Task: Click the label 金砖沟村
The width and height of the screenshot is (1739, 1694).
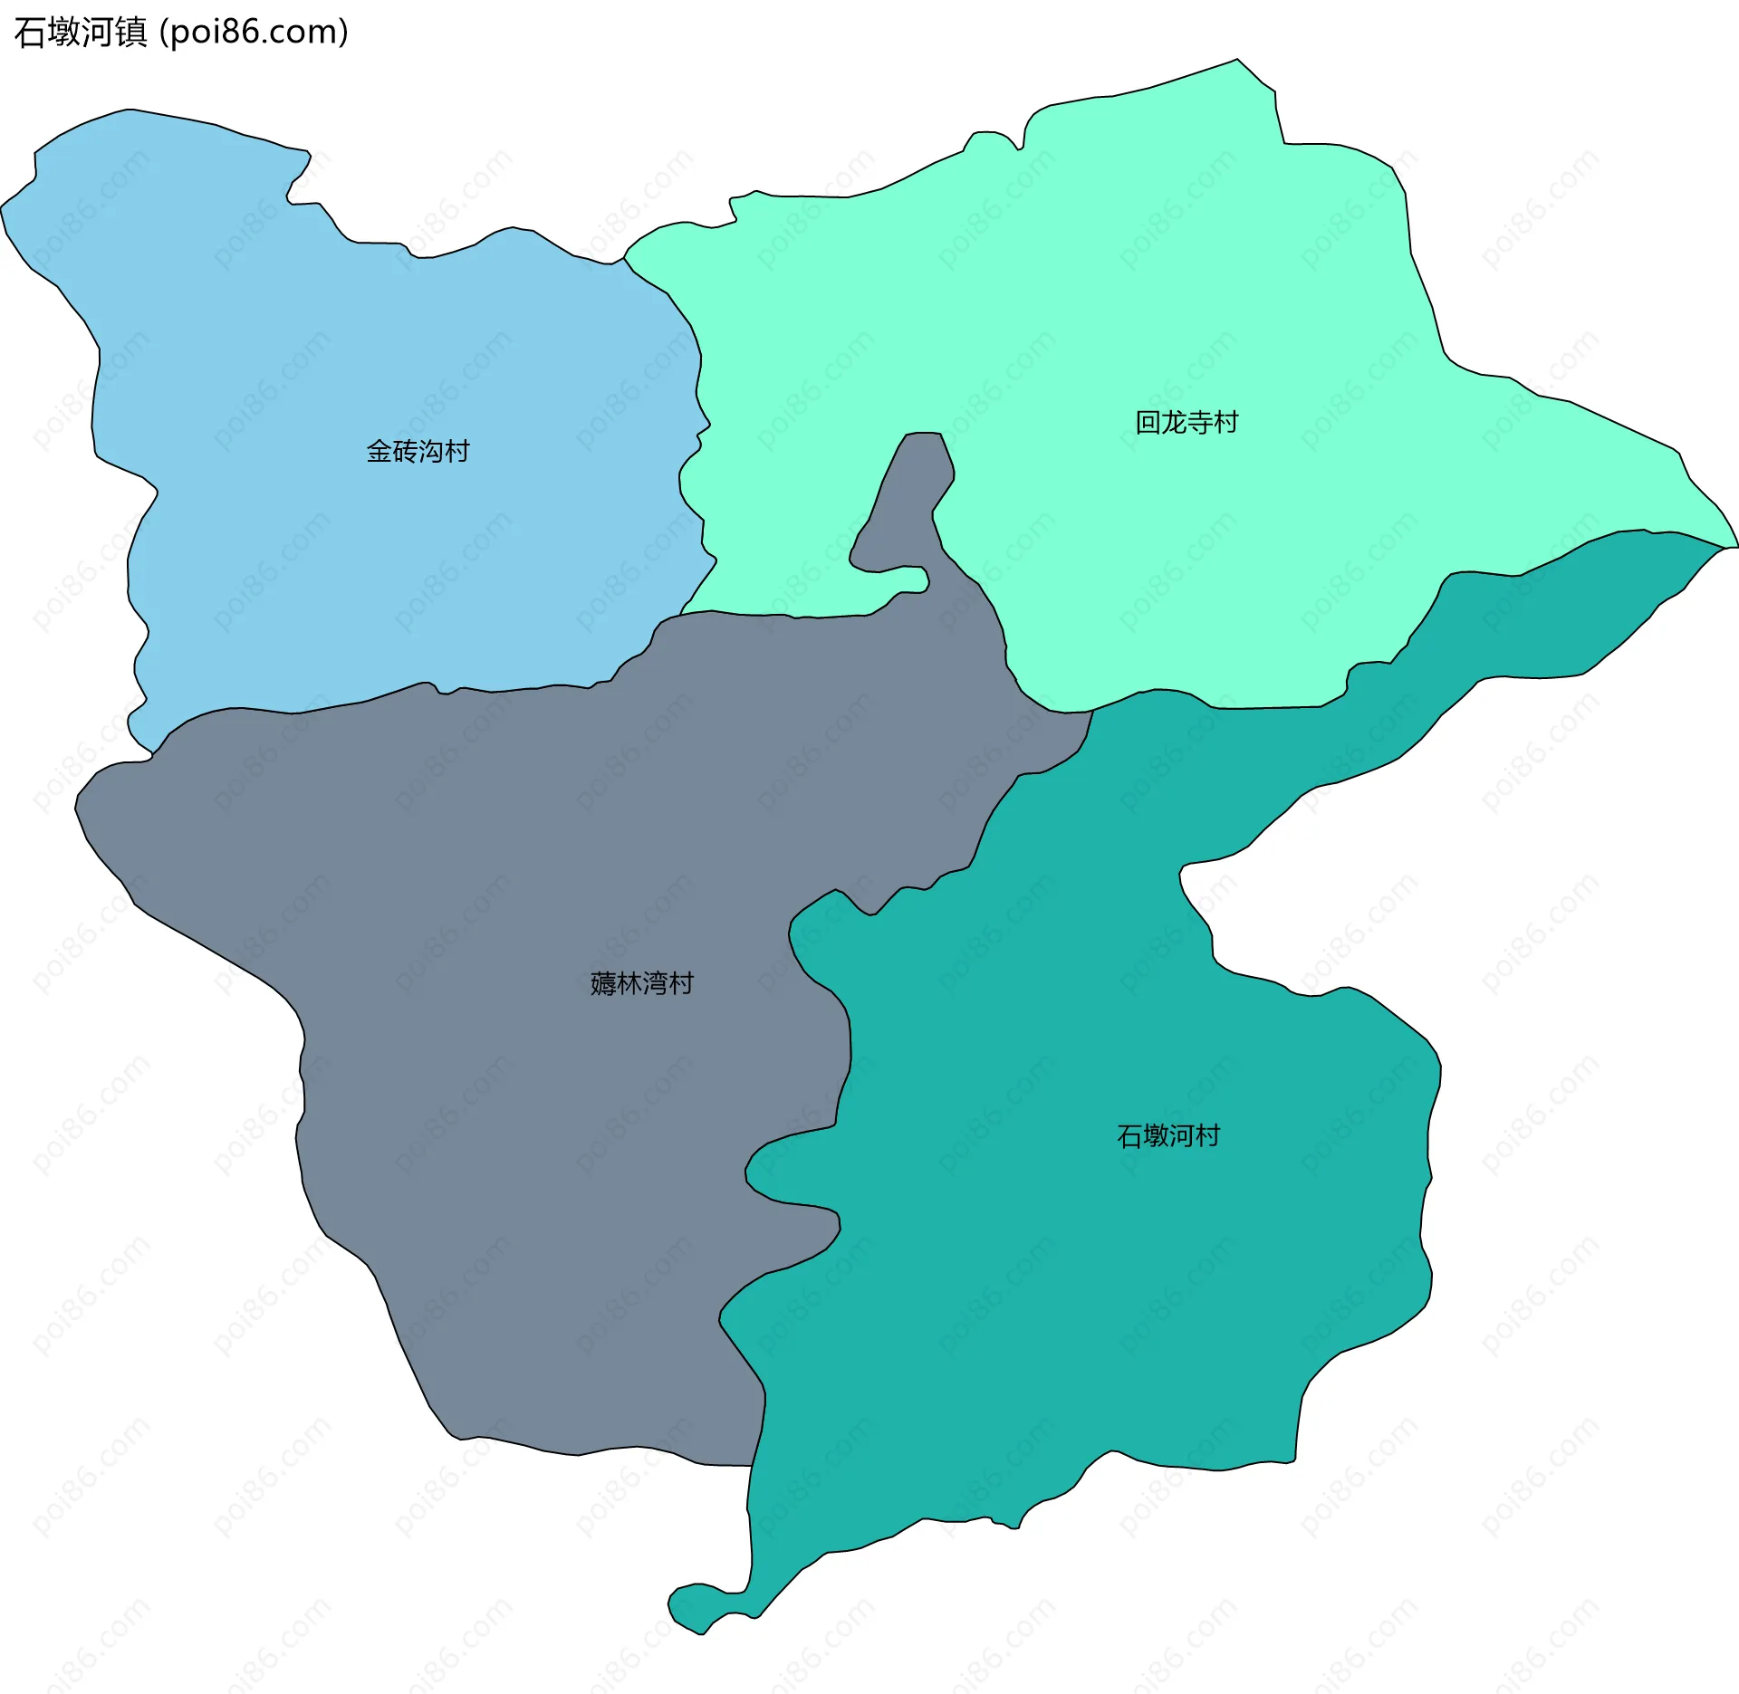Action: pos(418,451)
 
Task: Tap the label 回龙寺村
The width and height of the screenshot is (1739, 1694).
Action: pos(1187,422)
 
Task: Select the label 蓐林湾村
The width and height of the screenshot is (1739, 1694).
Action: pos(641,983)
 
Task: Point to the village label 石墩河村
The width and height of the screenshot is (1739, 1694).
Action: pos(1168,1135)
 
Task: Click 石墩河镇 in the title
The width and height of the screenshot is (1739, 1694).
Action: pos(81,33)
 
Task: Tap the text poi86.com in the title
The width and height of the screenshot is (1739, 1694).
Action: pos(254,33)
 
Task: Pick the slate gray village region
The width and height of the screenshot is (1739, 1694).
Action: pos(543,1132)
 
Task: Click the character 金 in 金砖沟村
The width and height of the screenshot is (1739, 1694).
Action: pos(379,451)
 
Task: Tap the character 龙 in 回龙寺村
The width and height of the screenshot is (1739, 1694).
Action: pos(1174,422)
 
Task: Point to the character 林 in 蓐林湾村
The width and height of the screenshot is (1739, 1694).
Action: pos(629,983)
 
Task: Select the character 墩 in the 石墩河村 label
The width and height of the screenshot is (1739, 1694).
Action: pos(1156,1135)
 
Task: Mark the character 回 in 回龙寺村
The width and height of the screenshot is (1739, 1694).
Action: pos(1148,422)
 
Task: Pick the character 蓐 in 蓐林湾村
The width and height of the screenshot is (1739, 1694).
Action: pos(602,983)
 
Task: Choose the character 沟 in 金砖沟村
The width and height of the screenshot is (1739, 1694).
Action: pos(430,451)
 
